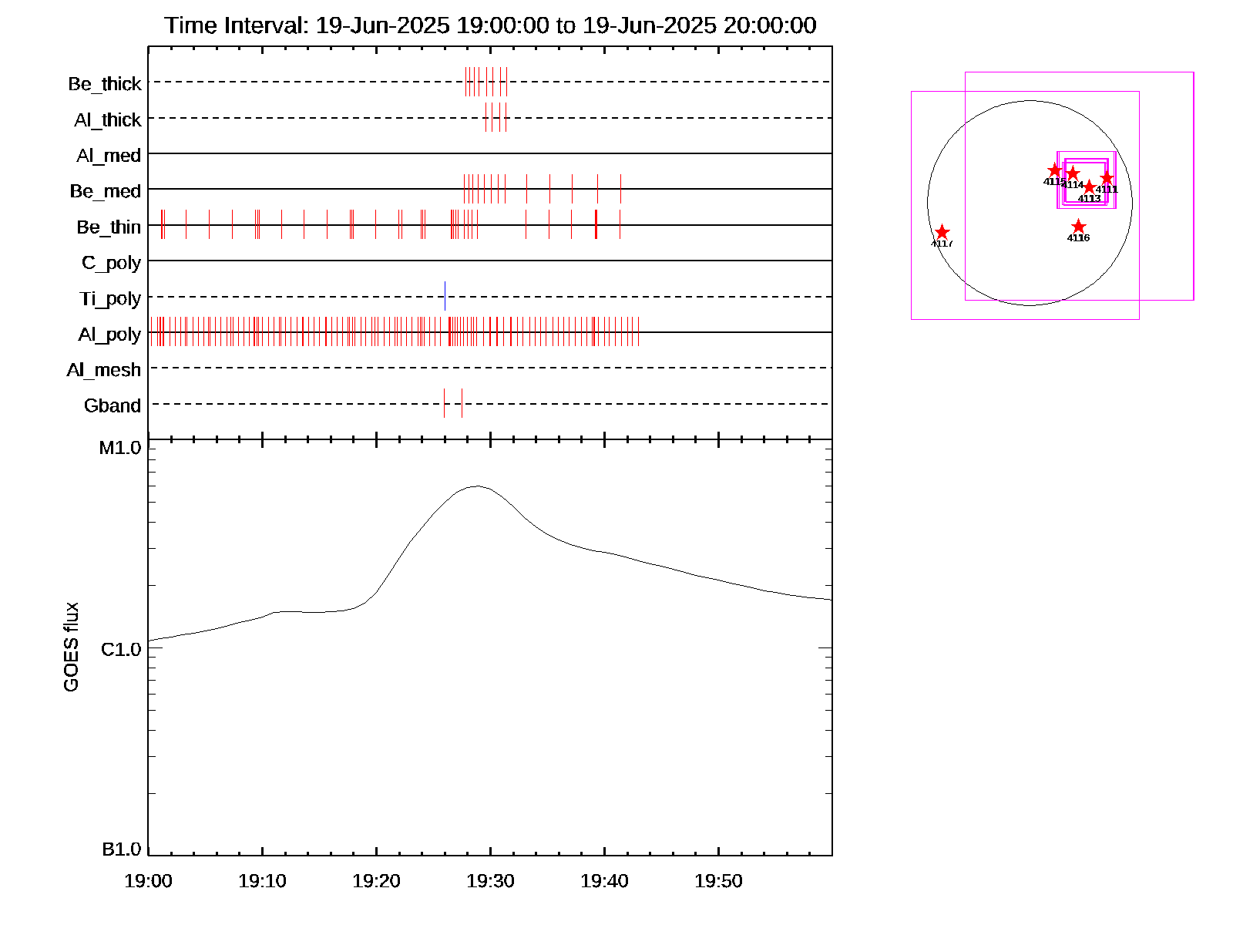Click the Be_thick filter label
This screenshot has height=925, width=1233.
tap(105, 84)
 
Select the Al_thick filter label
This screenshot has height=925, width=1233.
tap(108, 120)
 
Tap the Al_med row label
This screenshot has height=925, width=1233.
tap(109, 156)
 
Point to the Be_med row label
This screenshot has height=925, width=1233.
tap(106, 191)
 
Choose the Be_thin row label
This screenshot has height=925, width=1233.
tap(109, 227)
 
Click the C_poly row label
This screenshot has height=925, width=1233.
tap(111, 263)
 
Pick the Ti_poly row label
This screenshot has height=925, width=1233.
tap(110, 298)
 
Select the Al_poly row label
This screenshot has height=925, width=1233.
tap(109, 335)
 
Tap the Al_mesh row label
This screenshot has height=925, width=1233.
tap(104, 370)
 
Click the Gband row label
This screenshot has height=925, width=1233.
tap(113, 405)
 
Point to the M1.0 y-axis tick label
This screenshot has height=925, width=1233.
tap(120, 448)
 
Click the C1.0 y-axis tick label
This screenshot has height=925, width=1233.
tap(121, 650)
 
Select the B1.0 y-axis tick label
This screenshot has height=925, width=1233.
tap(122, 849)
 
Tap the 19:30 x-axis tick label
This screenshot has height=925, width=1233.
tap(490, 881)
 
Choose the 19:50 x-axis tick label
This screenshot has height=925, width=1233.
tap(718, 881)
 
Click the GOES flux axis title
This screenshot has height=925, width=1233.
tap(71, 647)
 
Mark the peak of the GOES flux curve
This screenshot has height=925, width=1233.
tap(477, 486)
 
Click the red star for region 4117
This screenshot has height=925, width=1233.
tap(942, 233)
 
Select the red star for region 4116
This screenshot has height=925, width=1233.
tap(1078, 227)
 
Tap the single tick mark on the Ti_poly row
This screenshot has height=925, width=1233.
tap(445, 296)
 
